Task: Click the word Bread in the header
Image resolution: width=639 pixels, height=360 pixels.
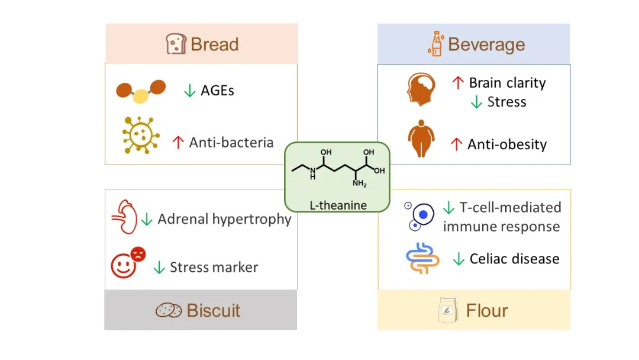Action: click(214, 44)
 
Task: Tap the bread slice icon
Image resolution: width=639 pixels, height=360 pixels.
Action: click(176, 44)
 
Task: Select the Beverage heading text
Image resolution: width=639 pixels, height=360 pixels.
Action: click(486, 44)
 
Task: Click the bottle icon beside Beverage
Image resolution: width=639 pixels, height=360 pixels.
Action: click(436, 44)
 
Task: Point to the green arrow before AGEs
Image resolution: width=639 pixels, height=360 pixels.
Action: click(189, 91)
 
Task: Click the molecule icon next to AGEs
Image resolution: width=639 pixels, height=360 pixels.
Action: click(141, 91)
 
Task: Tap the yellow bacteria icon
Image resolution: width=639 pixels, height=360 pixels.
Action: click(141, 135)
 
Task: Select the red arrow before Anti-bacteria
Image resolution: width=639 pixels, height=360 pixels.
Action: click(177, 142)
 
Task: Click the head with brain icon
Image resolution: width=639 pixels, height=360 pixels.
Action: click(421, 89)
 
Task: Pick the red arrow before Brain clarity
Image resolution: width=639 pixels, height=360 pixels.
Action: click(458, 83)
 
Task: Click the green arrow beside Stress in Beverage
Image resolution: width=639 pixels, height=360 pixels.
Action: click(476, 102)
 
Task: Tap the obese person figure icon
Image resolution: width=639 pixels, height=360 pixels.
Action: click(421, 139)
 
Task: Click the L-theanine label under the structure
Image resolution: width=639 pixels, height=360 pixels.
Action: click(338, 205)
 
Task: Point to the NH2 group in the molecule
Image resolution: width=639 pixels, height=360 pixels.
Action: click(360, 184)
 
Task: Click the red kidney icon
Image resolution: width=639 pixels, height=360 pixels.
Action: click(125, 217)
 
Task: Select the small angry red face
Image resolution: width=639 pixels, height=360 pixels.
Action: click(138, 254)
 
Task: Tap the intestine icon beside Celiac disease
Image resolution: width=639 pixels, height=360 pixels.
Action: click(422, 259)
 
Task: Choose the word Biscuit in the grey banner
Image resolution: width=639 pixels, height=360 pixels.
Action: click(213, 311)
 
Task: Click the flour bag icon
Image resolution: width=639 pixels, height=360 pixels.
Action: click(448, 310)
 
